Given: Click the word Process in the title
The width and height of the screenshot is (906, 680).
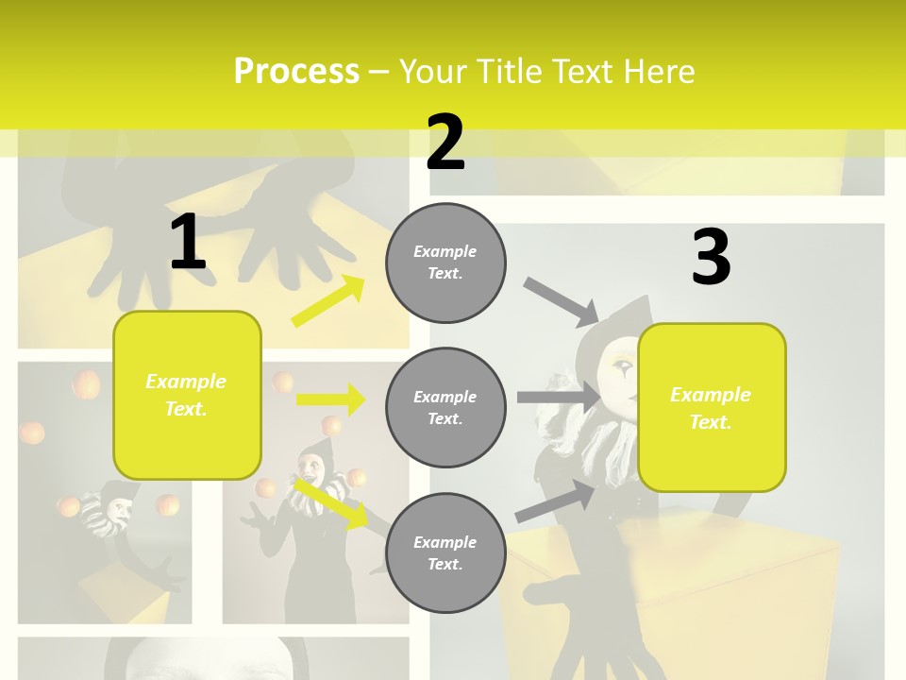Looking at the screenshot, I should [295, 71].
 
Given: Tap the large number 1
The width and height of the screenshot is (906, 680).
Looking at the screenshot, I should [188, 242].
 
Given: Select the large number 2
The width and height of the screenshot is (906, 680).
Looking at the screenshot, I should [445, 143].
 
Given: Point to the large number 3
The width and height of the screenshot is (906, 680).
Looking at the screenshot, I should [711, 258].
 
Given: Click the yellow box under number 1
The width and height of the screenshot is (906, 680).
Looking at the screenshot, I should [187, 395].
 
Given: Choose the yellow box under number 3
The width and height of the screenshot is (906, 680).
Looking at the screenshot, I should [712, 407].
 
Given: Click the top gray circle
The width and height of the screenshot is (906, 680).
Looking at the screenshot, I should [445, 263].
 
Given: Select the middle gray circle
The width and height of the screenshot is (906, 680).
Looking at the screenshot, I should [445, 407].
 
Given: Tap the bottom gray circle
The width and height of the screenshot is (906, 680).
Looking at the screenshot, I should [445, 552].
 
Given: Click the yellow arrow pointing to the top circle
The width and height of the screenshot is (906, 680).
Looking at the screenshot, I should [328, 301].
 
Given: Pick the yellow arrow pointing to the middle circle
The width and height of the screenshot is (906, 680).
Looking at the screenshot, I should [330, 399].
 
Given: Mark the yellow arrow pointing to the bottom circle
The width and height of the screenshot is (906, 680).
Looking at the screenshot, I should [330, 502].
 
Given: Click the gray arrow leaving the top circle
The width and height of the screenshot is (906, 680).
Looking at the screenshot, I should [561, 301].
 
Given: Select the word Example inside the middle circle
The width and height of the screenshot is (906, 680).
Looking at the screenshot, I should [445, 397].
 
